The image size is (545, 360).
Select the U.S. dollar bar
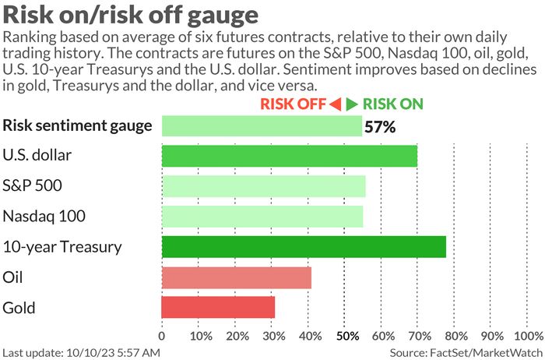point(289,155)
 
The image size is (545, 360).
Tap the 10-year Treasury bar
point(304,247)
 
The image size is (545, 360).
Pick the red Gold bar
point(218,307)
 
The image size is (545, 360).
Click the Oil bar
point(236,277)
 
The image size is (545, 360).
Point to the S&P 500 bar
point(263,185)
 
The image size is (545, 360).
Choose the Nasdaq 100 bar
point(262,216)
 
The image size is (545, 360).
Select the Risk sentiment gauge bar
point(262,125)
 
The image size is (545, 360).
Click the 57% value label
point(380,126)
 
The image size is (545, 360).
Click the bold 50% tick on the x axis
point(346,336)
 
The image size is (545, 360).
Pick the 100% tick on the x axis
point(529,336)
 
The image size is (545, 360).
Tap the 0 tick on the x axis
point(162,336)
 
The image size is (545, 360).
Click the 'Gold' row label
point(19,308)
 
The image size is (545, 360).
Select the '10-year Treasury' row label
point(62,247)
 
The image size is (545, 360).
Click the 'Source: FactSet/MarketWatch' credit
point(465,352)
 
